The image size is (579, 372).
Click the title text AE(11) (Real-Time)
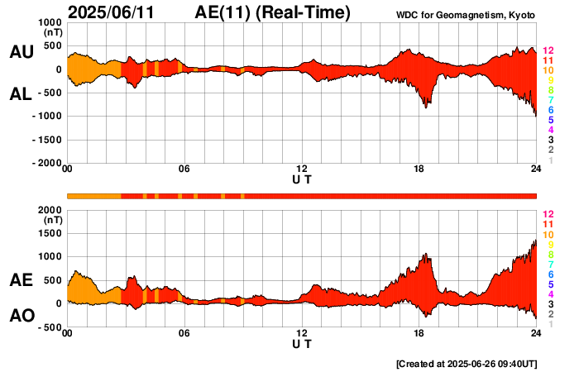273,12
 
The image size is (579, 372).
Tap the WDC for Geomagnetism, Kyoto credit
467,16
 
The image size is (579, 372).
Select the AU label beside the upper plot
22,52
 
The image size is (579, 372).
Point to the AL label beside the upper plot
22,94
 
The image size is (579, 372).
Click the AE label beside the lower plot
22,281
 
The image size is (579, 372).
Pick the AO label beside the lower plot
22,316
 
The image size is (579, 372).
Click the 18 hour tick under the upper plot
419,170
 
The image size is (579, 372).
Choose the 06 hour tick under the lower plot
184,333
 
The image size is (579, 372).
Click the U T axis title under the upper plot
302,179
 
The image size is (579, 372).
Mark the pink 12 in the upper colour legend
548,50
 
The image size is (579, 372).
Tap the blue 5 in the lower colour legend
548,284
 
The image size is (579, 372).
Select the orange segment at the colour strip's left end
94,196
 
